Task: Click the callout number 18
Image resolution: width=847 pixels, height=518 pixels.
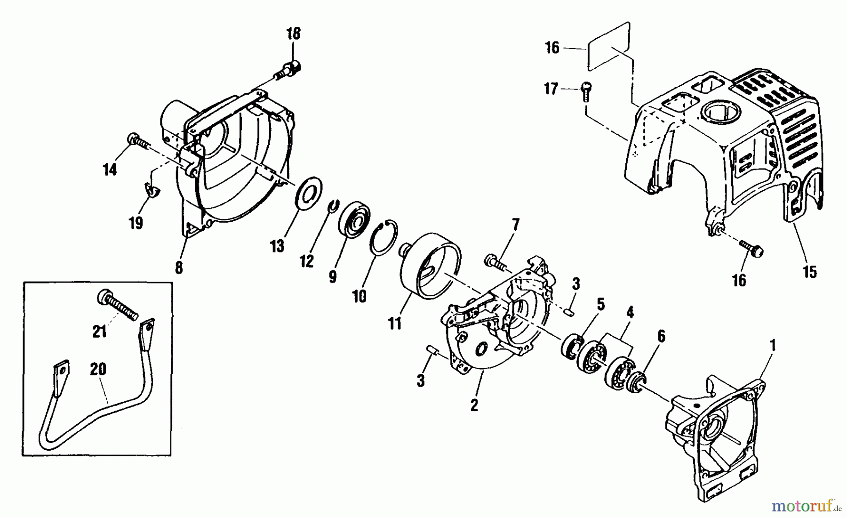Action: coord(293,34)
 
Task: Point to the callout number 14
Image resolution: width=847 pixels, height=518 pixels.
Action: coord(110,170)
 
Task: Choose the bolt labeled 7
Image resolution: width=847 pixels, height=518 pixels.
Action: coord(495,261)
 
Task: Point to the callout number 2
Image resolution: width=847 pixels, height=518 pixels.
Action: coord(474,405)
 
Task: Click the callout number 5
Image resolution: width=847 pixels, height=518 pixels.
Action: coord(600,305)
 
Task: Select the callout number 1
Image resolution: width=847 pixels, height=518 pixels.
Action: coord(772,346)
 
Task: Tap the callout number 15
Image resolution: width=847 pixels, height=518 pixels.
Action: coord(810,272)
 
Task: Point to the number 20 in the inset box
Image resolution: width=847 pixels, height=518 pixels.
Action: coord(98,370)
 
